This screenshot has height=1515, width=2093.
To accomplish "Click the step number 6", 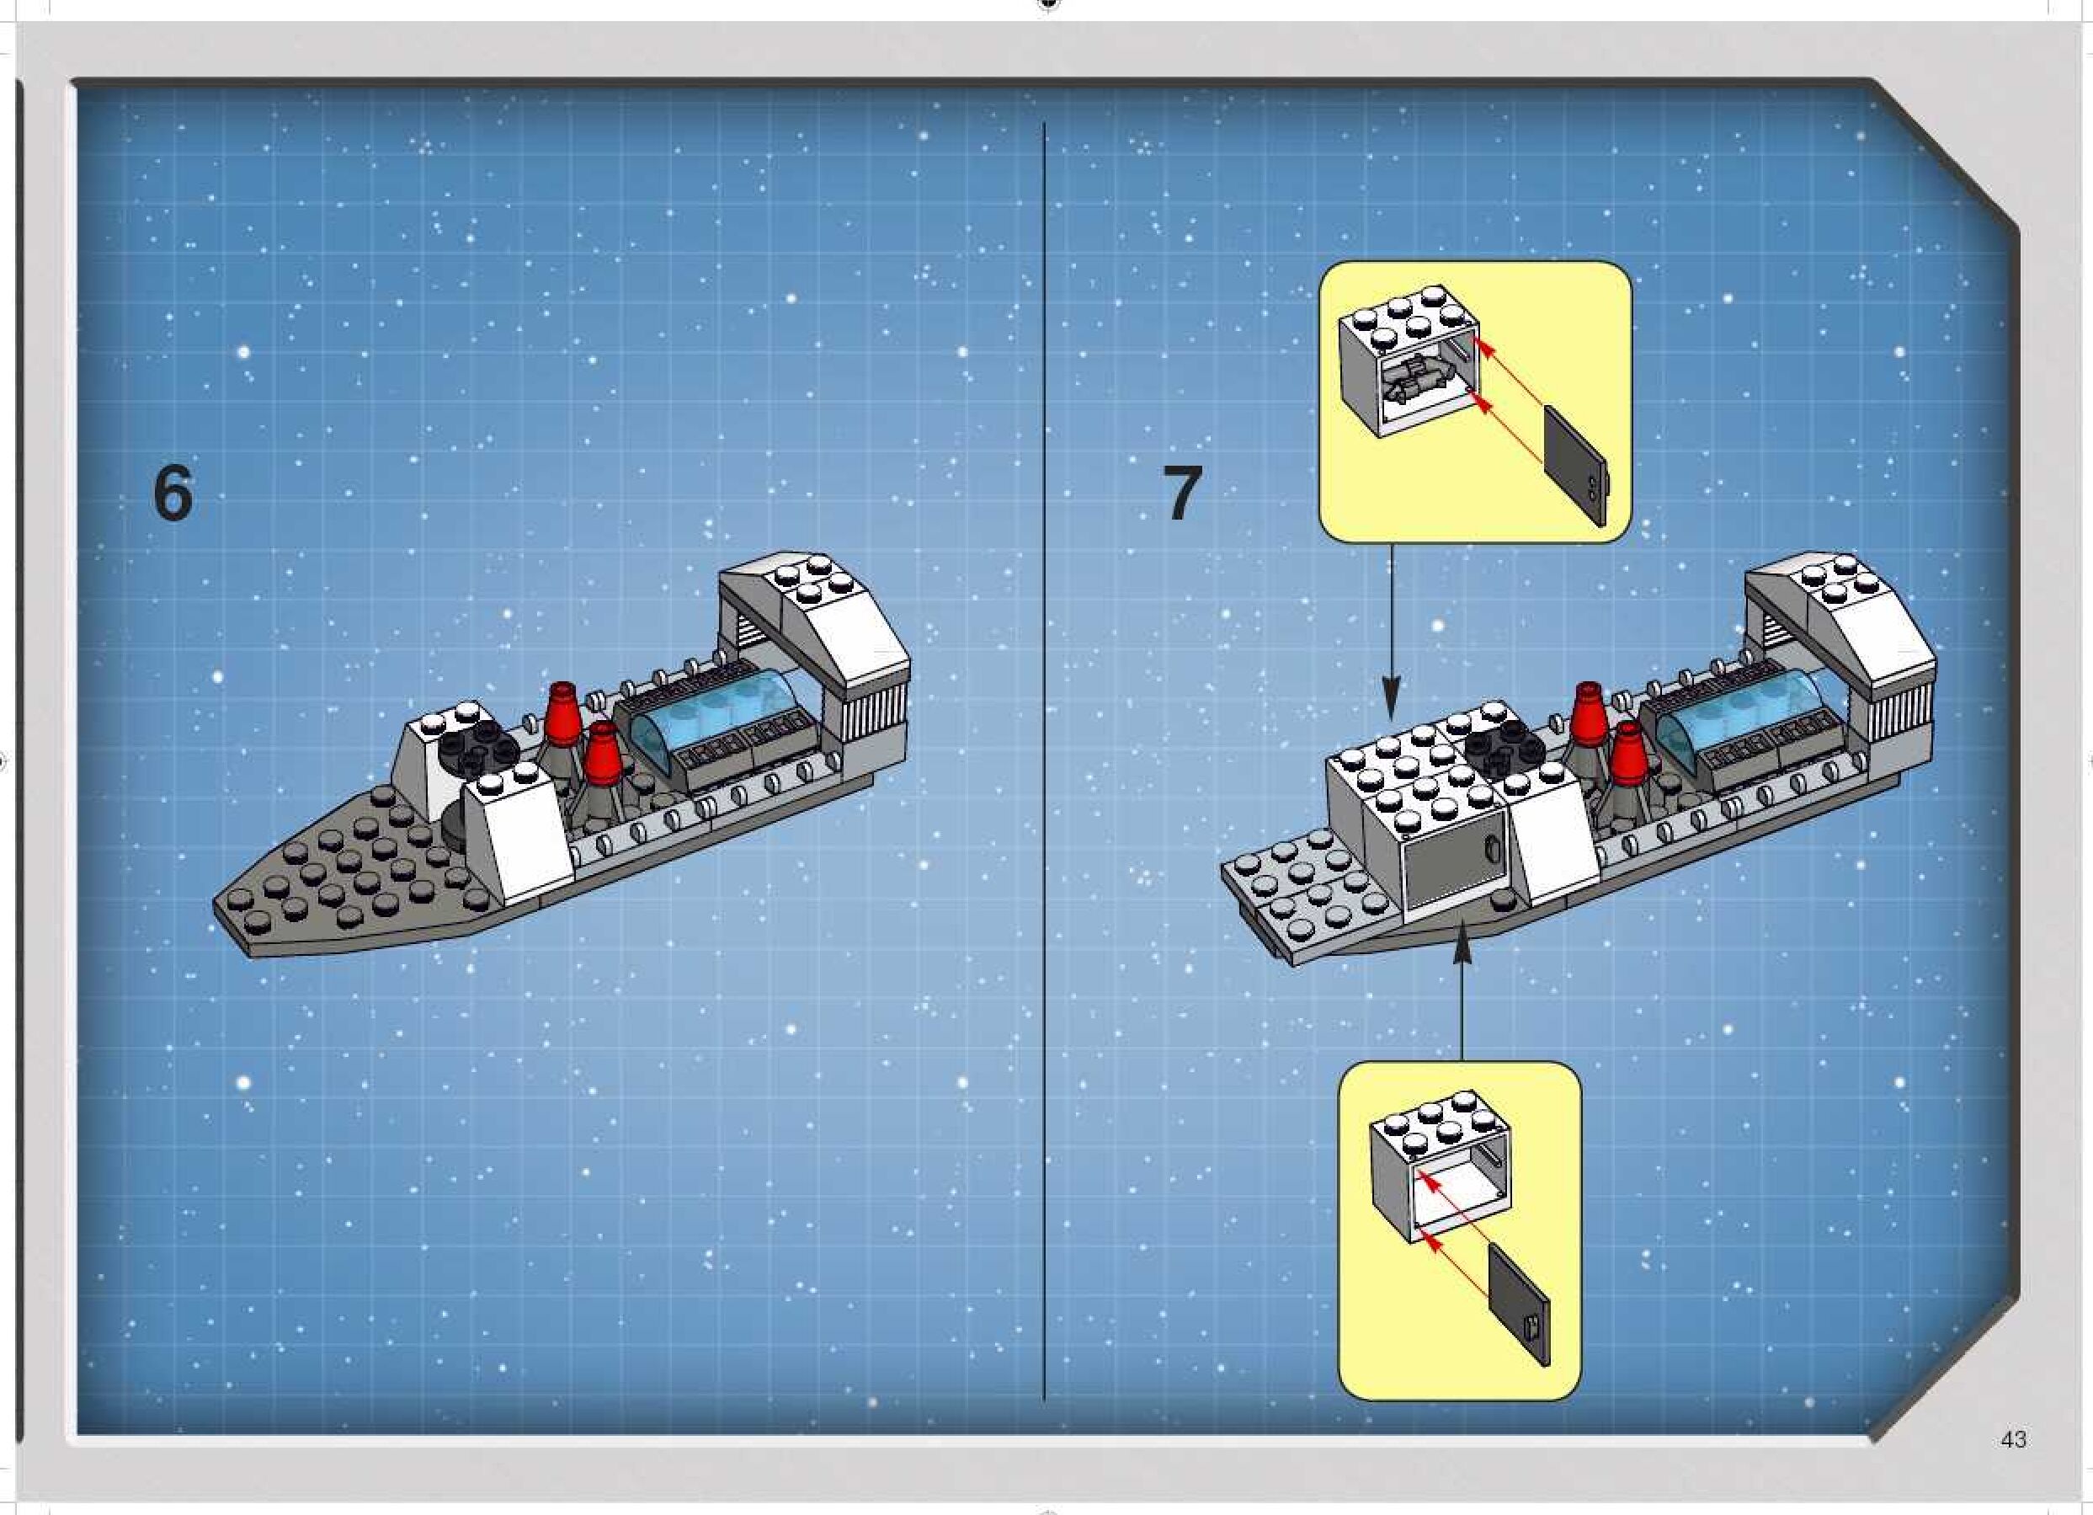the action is point(173,494).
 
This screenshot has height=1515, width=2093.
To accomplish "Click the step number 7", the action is point(1182,494).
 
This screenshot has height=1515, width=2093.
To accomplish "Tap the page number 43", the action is point(2014,1439).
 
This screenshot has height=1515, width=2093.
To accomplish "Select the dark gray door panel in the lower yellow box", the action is point(1520,1304).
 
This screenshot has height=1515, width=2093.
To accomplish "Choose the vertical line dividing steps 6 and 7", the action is point(1044,761).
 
